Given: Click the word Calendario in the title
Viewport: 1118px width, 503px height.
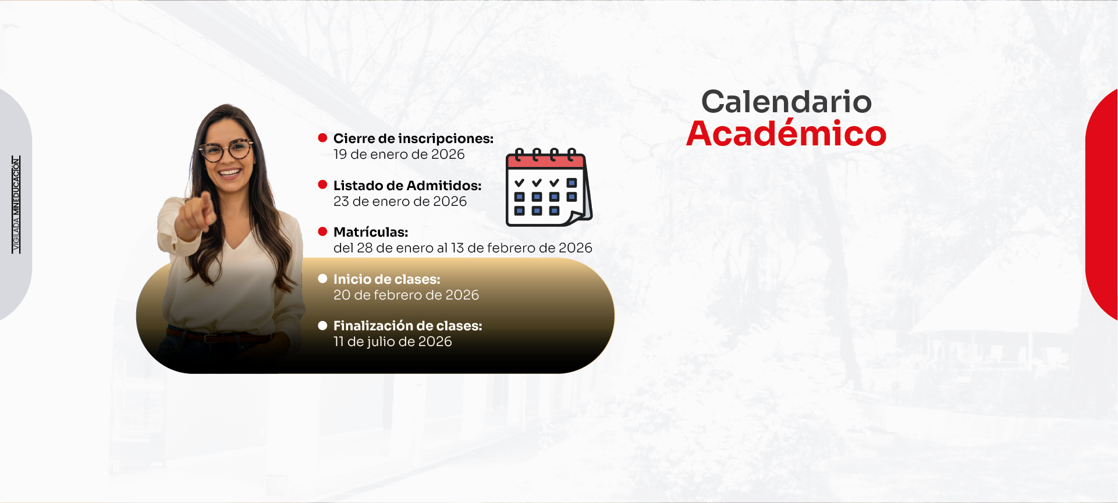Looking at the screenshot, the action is click(786, 102).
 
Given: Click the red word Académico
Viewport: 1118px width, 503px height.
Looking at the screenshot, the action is click(786, 133).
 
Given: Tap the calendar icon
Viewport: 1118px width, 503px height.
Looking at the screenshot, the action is click(549, 187).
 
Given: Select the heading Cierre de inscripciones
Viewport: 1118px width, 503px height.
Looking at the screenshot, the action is click(413, 138).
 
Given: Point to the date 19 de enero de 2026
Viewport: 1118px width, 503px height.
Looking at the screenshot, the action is click(399, 154).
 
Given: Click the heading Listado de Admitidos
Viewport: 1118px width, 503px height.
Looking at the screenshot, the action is click(407, 185).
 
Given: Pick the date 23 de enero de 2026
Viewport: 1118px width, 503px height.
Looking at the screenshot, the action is click(400, 201).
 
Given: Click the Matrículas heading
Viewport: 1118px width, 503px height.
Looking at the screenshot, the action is click(371, 232).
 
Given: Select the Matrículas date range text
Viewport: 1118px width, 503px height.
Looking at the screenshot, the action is click(463, 248).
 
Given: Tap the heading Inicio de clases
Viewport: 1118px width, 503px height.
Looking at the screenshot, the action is click(387, 279).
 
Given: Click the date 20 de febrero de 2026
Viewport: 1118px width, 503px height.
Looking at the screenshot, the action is click(406, 295).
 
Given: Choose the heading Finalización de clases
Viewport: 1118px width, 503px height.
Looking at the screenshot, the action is click(408, 326).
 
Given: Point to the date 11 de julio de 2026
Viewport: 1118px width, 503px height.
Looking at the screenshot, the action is click(393, 341).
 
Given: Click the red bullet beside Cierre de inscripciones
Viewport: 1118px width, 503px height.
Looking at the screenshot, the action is click(322, 138).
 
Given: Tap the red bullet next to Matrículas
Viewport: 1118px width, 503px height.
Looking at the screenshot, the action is click(322, 231).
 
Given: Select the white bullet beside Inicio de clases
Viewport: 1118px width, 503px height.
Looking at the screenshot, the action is click(322, 279).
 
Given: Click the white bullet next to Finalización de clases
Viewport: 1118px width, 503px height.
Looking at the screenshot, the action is click(322, 326).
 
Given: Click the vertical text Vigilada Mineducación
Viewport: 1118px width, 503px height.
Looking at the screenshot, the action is click(16, 204).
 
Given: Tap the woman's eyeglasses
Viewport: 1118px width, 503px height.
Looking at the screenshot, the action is click(226, 150).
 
